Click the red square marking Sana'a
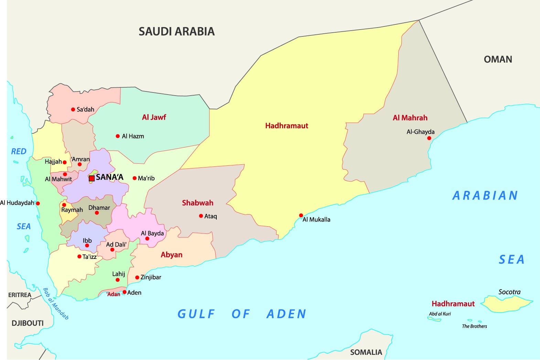pyautogui.click(x=91, y=178)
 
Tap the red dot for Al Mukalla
pyautogui.click(x=301, y=216)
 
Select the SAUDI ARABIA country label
pyautogui.click(x=176, y=32)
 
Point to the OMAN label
pyautogui.click(x=498, y=59)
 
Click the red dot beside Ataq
pyautogui.click(x=201, y=216)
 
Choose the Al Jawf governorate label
pyautogui.click(x=154, y=117)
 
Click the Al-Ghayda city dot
pyautogui.click(x=429, y=138)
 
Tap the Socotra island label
pyautogui.click(x=509, y=292)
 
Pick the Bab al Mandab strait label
pyautogui.click(x=55, y=304)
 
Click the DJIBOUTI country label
pyautogui.click(x=28, y=323)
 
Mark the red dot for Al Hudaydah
pyautogui.click(x=38, y=203)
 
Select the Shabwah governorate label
pyautogui.click(x=197, y=203)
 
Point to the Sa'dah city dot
pyautogui.click(x=73, y=109)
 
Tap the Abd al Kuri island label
pyautogui.click(x=440, y=314)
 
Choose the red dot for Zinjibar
pyautogui.click(x=137, y=277)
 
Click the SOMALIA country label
pyautogui.click(x=366, y=352)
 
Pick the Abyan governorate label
pyautogui.click(x=171, y=255)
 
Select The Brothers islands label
pyautogui.click(x=474, y=326)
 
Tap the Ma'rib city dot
pyautogui.click(x=134, y=178)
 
